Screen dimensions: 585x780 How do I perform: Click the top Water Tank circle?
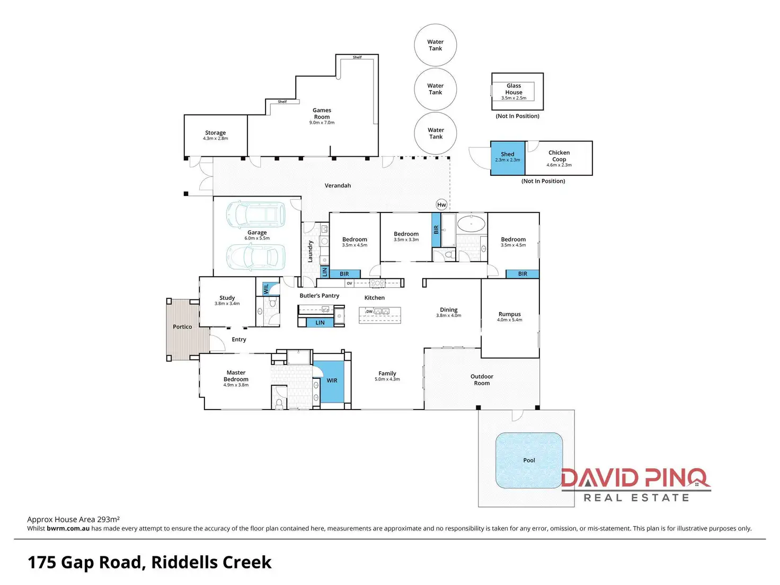click(x=435, y=45)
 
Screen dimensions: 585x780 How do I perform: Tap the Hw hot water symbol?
click(x=441, y=205)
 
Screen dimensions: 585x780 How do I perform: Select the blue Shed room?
click(x=508, y=157)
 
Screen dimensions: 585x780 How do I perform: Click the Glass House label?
click(x=513, y=89)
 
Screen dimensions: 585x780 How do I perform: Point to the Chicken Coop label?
click(x=559, y=156)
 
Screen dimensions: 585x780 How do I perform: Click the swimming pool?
click(x=529, y=460)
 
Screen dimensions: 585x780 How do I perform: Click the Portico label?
click(x=182, y=327)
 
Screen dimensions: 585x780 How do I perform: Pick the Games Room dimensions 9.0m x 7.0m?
click(x=322, y=123)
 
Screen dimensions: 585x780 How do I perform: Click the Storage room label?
click(x=215, y=133)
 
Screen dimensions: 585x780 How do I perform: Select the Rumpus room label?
click(x=509, y=314)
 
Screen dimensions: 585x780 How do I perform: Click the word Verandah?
click(x=338, y=185)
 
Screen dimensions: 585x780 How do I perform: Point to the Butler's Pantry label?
click(x=319, y=296)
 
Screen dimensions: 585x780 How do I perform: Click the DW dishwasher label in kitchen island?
click(x=369, y=312)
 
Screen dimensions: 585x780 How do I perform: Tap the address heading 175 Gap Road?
click(x=149, y=562)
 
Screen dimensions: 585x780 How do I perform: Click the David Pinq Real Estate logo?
click(x=635, y=484)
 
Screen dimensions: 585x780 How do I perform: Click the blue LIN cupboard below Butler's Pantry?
click(x=320, y=323)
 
